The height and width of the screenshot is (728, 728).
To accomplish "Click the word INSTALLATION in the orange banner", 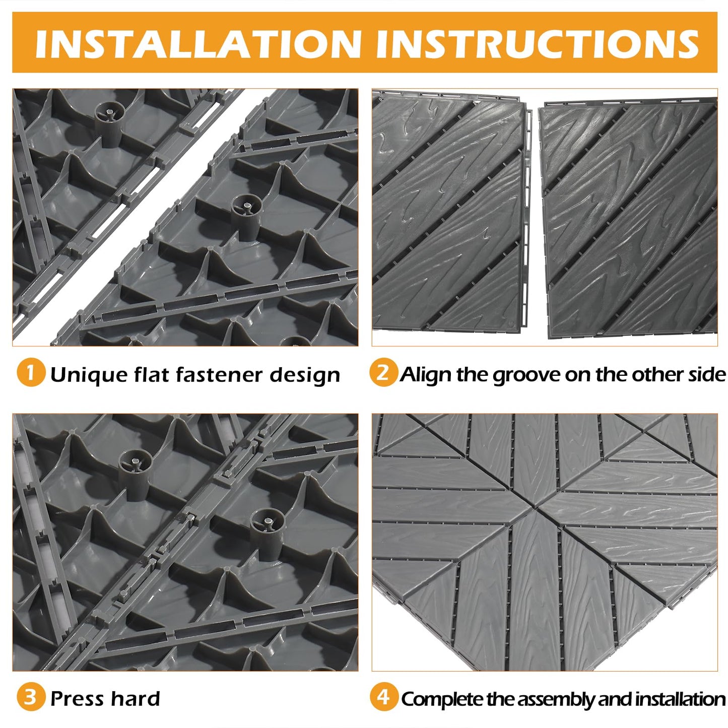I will (x=198, y=44).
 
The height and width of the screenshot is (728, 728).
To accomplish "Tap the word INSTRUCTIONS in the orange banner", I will (x=537, y=44).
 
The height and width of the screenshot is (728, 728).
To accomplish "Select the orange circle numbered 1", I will (x=31, y=373).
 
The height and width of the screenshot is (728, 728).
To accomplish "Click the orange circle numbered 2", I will (x=383, y=373).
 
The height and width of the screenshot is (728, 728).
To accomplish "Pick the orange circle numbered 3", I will (x=31, y=697).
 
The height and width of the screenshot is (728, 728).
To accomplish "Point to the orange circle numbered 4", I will (x=383, y=697).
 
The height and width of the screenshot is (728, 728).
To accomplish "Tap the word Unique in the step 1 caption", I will (x=88, y=375).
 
